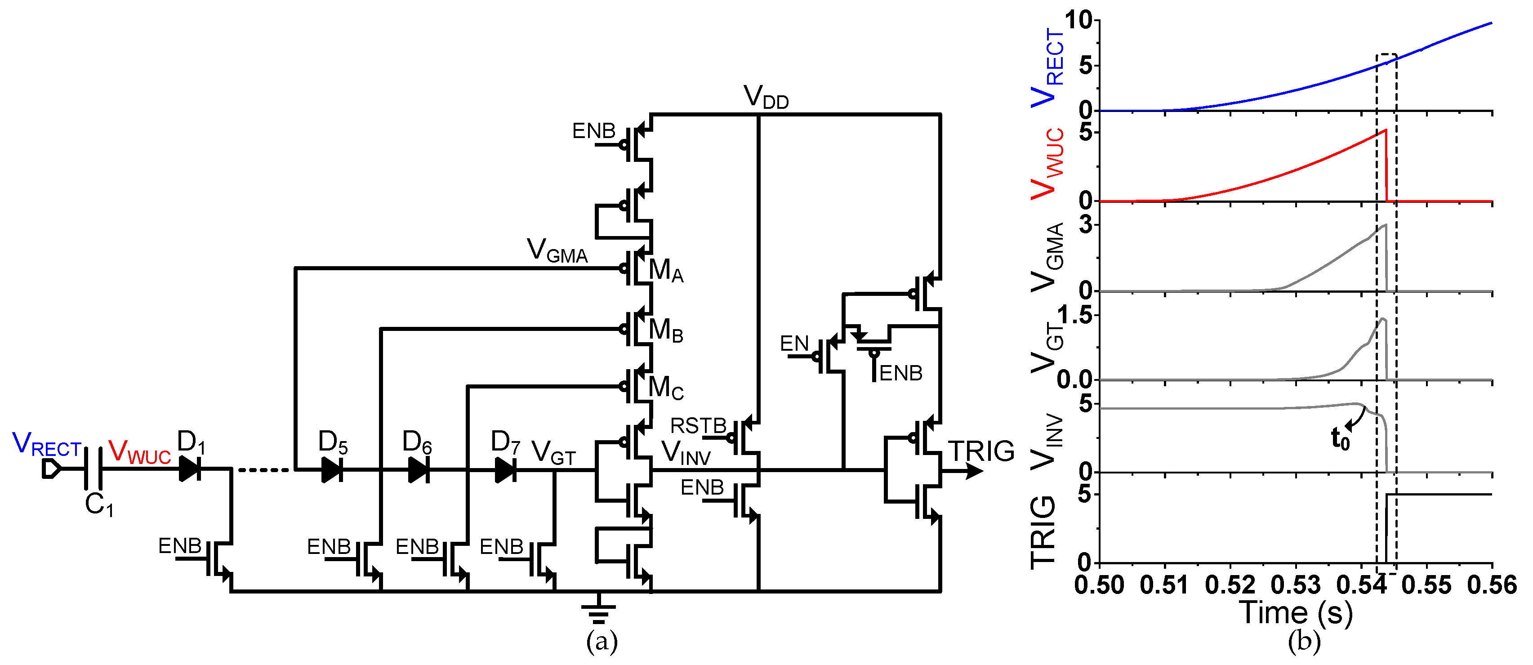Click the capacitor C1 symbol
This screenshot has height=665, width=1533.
[x=94, y=469]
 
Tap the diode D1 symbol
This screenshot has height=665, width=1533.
[x=190, y=469]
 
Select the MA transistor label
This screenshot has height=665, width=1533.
[x=665, y=271]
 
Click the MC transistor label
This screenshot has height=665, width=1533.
[x=665, y=388]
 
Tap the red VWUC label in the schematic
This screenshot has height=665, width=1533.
[x=139, y=452]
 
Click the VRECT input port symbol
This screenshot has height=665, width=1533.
[x=51, y=469]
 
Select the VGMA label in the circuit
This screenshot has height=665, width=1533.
[x=557, y=250]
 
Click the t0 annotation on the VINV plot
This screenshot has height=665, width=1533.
[x=1340, y=439]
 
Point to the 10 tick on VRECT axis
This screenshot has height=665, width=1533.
[x=1078, y=21]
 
